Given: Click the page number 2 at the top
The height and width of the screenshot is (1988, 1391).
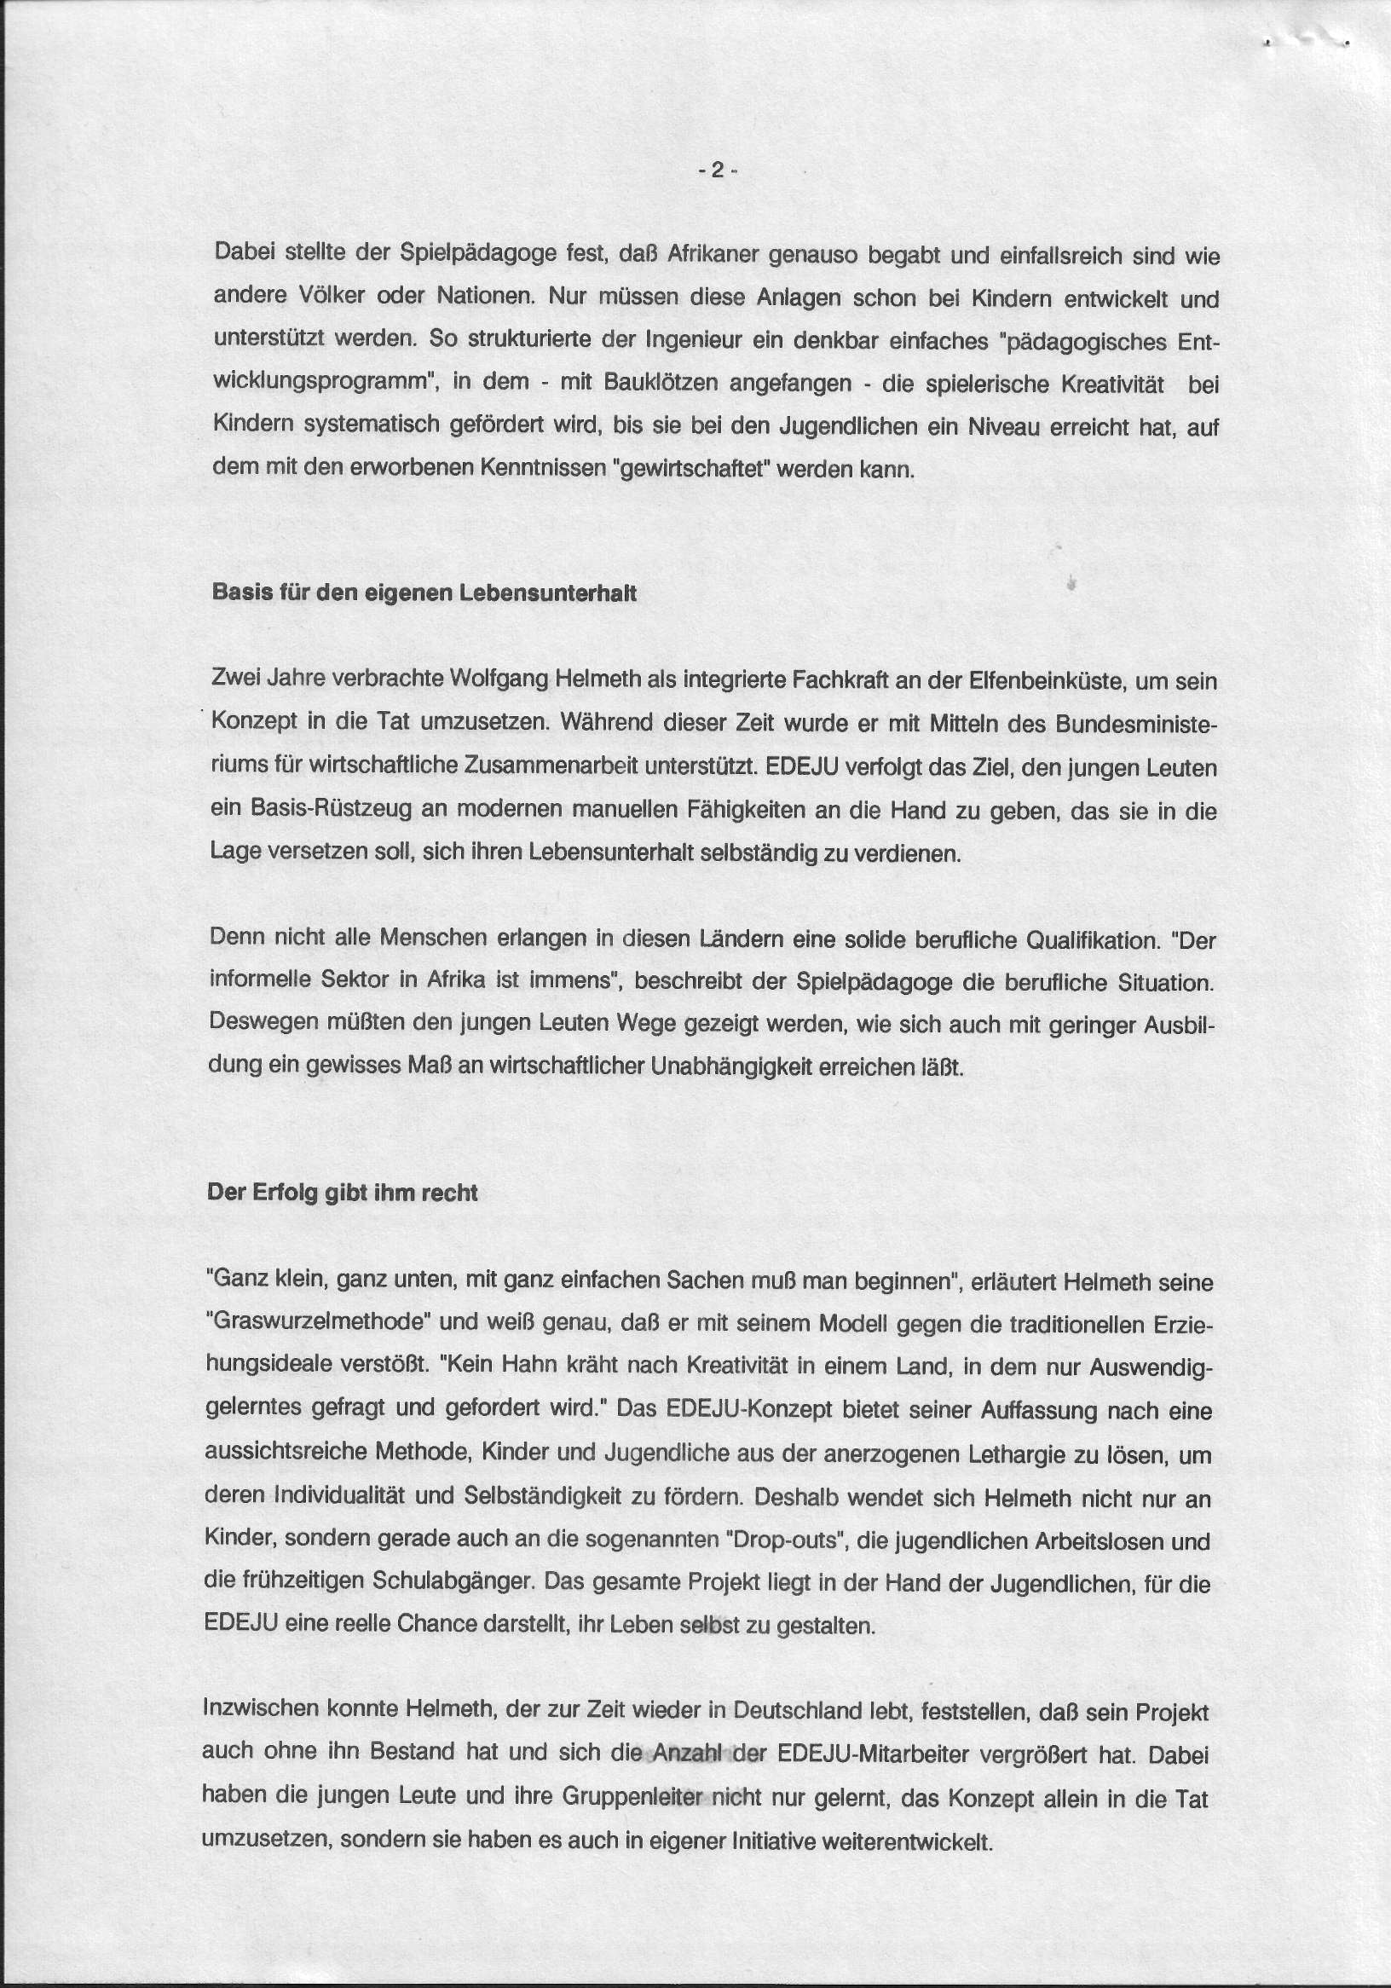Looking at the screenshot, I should pos(717,170).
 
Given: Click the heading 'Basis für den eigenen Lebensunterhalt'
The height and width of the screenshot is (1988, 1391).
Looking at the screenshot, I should pos(424,593).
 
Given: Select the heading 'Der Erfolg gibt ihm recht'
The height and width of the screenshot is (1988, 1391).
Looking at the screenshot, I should pos(342,1193).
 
